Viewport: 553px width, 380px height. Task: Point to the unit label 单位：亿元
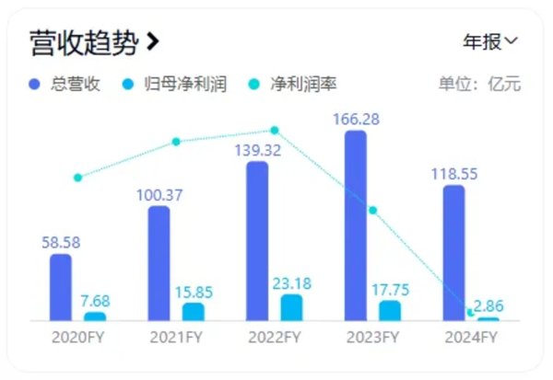(x=479, y=85)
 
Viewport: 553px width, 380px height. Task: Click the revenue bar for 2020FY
(x=61, y=287)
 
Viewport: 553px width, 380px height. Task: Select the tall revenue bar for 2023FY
(x=356, y=225)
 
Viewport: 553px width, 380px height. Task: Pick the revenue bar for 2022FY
(x=257, y=241)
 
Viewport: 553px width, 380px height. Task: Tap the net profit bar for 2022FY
(x=291, y=307)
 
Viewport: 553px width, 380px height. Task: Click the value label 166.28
(x=358, y=120)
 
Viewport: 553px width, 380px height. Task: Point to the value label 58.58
(x=61, y=243)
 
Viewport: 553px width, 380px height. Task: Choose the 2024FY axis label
(x=472, y=338)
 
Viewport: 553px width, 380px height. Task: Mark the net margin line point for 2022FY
(x=274, y=131)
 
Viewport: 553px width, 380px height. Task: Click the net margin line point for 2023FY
(x=373, y=210)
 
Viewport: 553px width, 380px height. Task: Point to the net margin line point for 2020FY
(x=77, y=178)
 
